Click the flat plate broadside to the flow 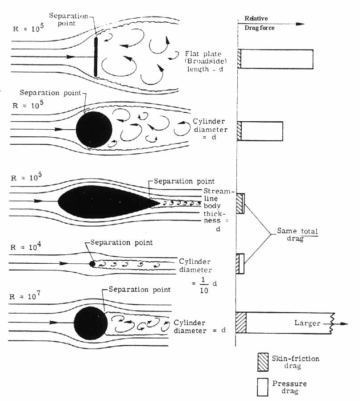(x=95, y=57)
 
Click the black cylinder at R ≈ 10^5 (x=94, y=130)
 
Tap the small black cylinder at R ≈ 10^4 (x=92, y=263)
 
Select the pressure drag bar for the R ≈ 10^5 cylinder (x=262, y=131)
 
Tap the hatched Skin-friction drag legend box (x=262, y=361)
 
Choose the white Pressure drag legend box (x=262, y=386)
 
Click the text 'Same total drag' (x=294, y=234)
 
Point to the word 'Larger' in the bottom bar (x=307, y=323)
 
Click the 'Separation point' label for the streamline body (x=184, y=181)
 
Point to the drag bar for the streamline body (x=240, y=204)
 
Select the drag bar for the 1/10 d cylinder (x=240, y=263)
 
